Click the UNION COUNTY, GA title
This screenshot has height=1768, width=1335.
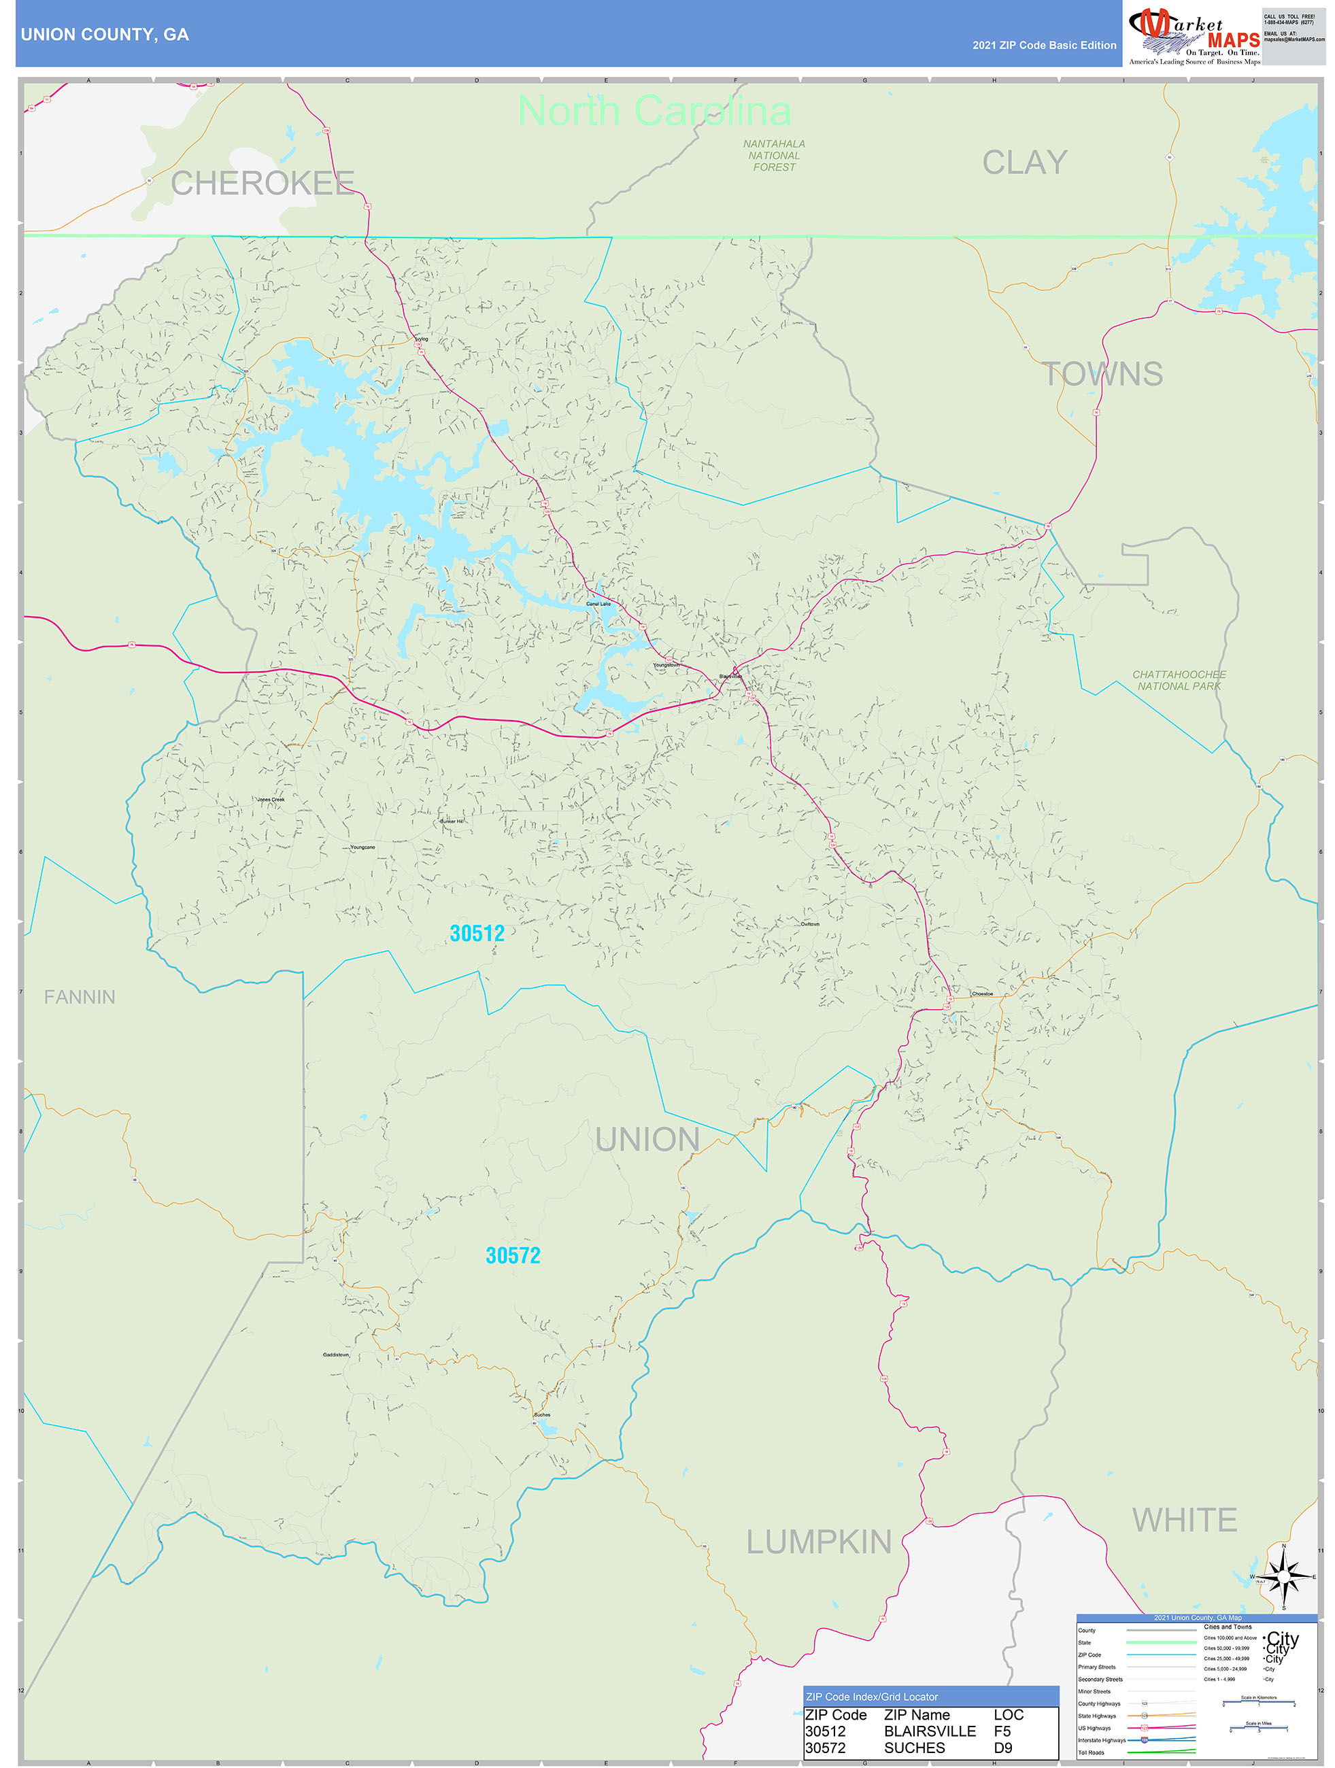[105, 35]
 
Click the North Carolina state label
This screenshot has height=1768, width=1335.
[654, 110]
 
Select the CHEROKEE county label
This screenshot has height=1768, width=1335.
[263, 183]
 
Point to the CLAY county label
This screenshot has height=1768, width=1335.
[1025, 163]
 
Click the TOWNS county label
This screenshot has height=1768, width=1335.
[1103, 374]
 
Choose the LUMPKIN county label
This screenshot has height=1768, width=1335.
[819, 1542]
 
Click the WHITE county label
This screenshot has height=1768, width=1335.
[1185, 1519]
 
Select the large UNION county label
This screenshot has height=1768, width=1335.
[647, 1140]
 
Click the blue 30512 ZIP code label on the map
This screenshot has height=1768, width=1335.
[477, 934]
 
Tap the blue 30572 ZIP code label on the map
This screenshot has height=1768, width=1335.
[513, 1256]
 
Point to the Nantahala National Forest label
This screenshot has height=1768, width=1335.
[774, 155]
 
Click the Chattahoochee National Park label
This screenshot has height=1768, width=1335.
[1179, 680]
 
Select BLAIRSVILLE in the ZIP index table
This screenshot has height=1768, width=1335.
[930, 1731]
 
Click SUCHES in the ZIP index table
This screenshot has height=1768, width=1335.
[914, 1748]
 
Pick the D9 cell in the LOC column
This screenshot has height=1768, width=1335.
[1002, 1748]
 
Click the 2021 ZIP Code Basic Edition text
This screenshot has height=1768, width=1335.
[1044, 46]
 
